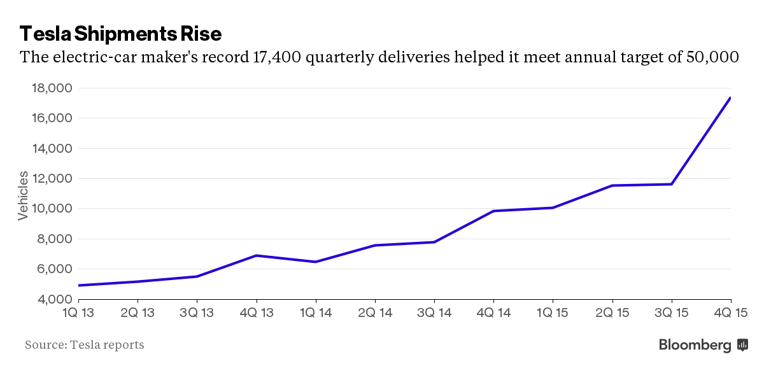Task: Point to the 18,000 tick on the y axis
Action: point(52,88)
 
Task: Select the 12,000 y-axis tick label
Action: point(52,179)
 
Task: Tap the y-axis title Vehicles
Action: point(23,195)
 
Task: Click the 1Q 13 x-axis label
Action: point(78,313)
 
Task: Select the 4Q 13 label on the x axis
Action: point(256,313)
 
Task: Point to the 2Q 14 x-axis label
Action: point(375,313)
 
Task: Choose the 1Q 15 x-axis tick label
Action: point(553,313)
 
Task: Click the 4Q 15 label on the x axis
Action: point(730,313)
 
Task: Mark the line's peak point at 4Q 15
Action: point(730,98)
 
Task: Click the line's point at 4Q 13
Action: point(256,255)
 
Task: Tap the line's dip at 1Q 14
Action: point(315,262)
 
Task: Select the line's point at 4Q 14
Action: point(493,211)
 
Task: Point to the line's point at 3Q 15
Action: point(672,184)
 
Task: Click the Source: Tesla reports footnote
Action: point(85,345)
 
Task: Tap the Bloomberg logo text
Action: point(695,345)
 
